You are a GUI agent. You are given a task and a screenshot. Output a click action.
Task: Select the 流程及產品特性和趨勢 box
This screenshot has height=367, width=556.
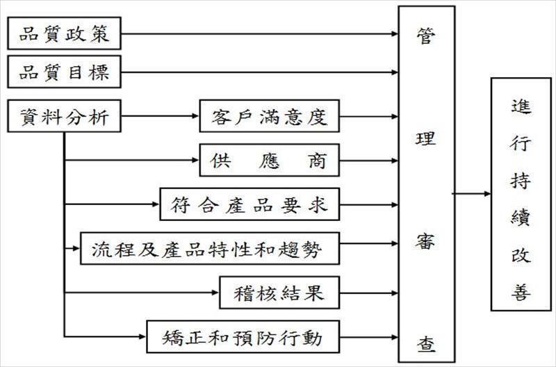209,248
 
